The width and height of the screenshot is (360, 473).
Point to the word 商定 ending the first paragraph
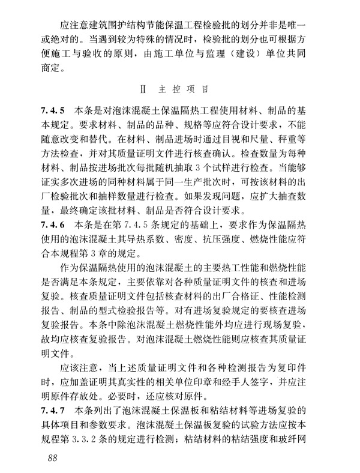(x=54, y=68)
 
